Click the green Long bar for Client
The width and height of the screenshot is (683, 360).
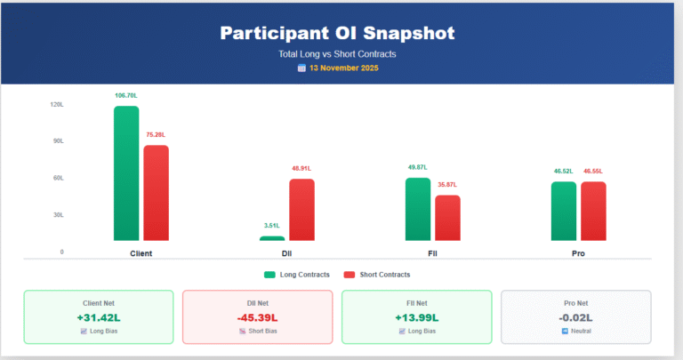[x=126, y=173]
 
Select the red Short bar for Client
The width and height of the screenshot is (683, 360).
[x=156, y=193]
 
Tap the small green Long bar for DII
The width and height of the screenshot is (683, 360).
[x=272, y=238]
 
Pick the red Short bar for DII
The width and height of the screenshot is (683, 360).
[x=301, y=210]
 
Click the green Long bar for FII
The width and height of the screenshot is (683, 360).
[x=418, y=209]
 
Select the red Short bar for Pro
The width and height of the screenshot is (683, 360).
[x=593, y=211]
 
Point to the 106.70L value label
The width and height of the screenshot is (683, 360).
[x=126, y=95]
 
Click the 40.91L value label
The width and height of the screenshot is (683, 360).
[x=301, y=168]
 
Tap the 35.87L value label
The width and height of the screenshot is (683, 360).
[x=447, y=184]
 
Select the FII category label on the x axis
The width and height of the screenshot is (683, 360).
[x=432, y=253]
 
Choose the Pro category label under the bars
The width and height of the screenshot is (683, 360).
[x=578, y=253]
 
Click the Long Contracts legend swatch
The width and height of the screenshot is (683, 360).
[x=269, y=275]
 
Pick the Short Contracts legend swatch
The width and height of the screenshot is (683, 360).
[x=350, y=275]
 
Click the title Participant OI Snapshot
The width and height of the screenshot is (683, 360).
[x=337, y=34]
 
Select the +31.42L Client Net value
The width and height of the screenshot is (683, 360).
[x=98, y=317]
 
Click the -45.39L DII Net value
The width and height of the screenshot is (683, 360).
[x=257, y=317]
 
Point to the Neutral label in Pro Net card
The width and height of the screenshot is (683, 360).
[x=581, y=332]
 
